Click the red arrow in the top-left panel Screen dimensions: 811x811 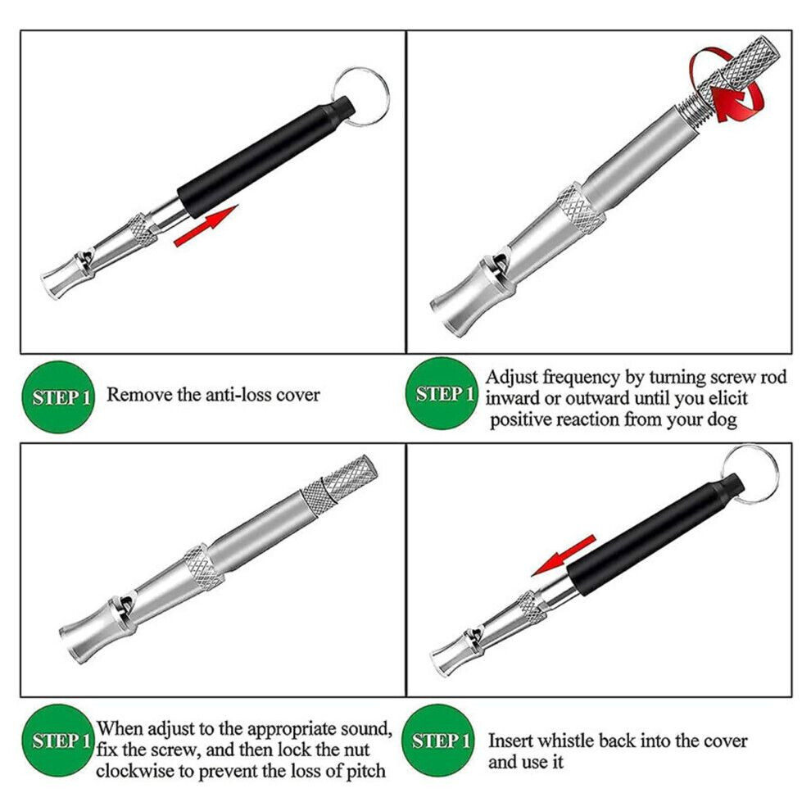pyautogui.click(x=206, y=225)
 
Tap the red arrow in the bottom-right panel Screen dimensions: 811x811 pyautogui.click(x=564, y=555)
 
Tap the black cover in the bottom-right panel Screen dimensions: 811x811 pyautogui.click(x=656, y=534)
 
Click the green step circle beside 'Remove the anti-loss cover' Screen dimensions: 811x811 pyautogui.click(x=58, y=396)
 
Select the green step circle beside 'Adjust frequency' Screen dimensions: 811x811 pyautogui.click(x=442, y=393)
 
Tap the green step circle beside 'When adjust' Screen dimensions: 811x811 pyautogui.click(x=58, y=741)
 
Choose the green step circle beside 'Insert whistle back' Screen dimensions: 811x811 pyautogui.click(x=438, y=741)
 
